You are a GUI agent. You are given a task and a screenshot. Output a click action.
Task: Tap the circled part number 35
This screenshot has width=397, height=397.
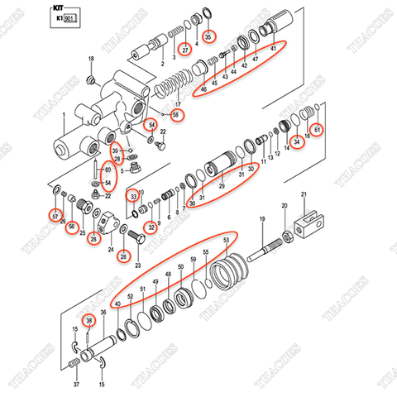(x=208, y=36)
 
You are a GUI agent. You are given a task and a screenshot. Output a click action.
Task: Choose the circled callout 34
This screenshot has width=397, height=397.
(x=297, y=141)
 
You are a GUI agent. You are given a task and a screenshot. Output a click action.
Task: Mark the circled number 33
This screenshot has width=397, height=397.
(x=132, y=196)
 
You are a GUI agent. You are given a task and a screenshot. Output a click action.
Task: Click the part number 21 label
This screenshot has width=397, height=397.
(x=304, y=194)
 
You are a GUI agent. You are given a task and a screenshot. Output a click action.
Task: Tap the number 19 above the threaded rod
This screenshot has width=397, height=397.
(x=261, y=218)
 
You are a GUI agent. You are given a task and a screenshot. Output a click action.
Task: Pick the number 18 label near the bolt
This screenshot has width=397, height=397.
(x=90, y=58)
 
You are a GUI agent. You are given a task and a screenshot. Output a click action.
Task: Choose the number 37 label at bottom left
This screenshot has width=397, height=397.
(x=77, y=385)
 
